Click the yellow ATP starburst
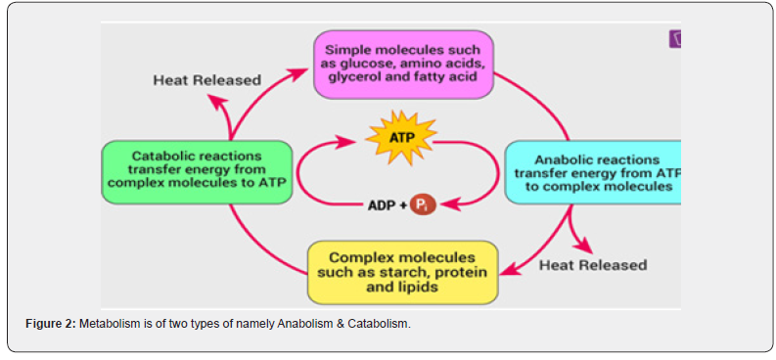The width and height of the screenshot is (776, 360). (401, 138)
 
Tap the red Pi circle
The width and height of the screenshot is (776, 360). (423, 205)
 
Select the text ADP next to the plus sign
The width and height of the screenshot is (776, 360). (380, 205)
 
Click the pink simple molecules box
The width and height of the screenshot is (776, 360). (404, 65)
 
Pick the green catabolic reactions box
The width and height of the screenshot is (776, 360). (197, 172)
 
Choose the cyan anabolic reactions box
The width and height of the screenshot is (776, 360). (593, 172)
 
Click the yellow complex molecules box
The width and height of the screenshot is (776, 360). (403, 272)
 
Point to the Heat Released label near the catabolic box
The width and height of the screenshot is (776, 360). (206, 80)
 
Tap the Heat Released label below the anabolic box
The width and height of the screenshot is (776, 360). (593, 265)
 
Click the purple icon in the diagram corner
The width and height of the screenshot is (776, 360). (675, 38)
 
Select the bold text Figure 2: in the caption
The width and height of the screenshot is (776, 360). (52, 325)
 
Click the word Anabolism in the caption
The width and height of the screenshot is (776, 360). (299, 325)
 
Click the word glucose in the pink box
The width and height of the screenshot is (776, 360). (363, 65)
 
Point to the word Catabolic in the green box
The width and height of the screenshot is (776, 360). (163, 157)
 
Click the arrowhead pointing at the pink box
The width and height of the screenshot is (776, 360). (299, 73)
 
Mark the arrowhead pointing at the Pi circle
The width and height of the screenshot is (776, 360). (448, 203)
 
